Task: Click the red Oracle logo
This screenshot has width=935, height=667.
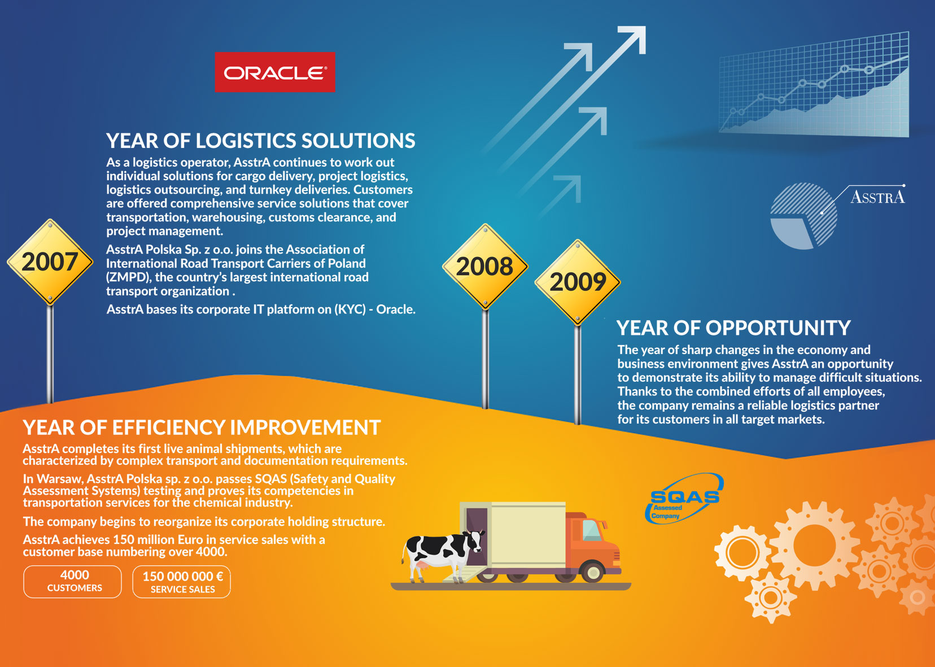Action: point(274,72)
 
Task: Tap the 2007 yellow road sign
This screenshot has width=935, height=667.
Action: point(50,262)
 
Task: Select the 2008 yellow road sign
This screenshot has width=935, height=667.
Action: point(485,267)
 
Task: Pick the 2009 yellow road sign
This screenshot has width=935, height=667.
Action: point(578,282)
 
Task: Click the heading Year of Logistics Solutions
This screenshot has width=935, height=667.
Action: point(260,141)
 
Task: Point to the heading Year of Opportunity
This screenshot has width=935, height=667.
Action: point(733,328)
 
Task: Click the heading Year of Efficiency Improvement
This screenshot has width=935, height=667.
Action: point(202,428)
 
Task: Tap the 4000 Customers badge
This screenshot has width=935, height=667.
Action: point(73,581)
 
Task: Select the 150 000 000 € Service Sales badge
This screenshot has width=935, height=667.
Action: point(182,582)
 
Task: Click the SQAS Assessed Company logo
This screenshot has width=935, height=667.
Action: point(684,499)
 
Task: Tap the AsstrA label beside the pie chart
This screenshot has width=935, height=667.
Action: point(877,197)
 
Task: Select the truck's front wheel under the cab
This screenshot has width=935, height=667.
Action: point(592,572)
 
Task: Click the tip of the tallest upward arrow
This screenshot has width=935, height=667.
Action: point(645,27)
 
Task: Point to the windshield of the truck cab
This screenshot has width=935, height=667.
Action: point(592,530)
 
